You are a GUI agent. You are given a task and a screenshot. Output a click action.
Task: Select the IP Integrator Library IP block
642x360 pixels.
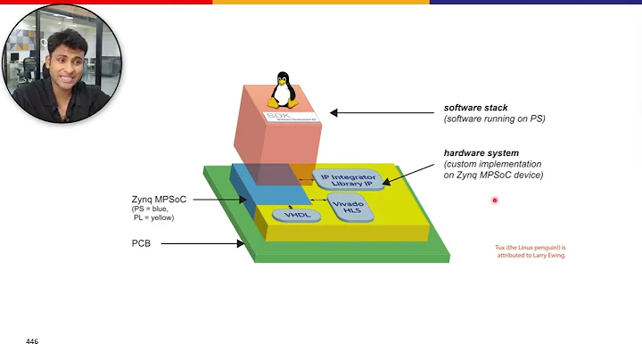[348, 179]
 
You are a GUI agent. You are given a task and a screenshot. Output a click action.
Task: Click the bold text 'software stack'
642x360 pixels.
[475, 109]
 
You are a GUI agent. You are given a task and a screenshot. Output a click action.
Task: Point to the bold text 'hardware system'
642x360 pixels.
[481, 152]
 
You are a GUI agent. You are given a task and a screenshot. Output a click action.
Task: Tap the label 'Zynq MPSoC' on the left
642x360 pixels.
[159, 199]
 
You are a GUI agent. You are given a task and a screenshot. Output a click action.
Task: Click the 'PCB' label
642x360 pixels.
[141, 241]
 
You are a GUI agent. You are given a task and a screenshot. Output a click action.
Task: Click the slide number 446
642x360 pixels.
[32, 342]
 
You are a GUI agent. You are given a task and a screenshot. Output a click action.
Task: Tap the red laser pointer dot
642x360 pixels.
[494, 200]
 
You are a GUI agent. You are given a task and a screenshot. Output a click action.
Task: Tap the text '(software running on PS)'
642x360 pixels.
[495, 119]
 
